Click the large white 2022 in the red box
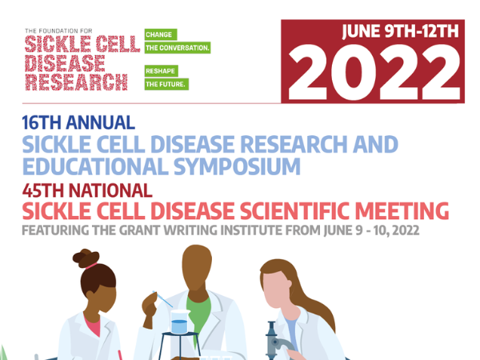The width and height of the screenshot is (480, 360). coord(374,73)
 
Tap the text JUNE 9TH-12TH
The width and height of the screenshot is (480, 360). coord(401,31)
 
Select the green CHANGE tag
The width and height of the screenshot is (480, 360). coord(161,34)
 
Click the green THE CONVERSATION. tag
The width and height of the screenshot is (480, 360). coord(178,48)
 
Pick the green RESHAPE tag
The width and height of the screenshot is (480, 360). coord(162,71)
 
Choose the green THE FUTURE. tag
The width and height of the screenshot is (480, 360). coord(166,84)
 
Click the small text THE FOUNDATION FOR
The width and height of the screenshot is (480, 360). coord(58,31)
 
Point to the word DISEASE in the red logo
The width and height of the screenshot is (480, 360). coord(65,64)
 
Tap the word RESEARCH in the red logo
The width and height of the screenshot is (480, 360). coord(76,82)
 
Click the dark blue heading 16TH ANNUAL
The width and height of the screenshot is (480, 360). coord(78,122)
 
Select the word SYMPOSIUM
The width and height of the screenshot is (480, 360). coord(237,166)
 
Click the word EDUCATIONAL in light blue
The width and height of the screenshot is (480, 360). coord(95,166)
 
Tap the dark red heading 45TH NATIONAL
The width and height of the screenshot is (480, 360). coord(87,190)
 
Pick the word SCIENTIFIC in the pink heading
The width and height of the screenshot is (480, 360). coord(294,211)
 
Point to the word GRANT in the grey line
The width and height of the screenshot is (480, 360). coord(139,230)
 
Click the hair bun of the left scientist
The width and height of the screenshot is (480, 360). coord(86,258)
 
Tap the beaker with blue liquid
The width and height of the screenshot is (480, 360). coord(180,322)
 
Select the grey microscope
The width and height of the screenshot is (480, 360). coord(277,341)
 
